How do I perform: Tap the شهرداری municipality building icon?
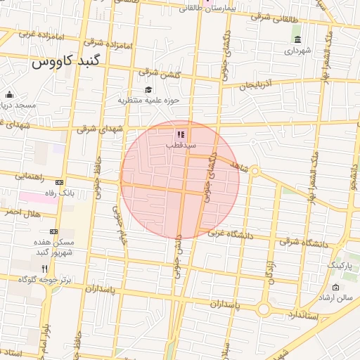(x=297, y=39)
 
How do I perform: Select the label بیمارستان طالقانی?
(x=210, y=9)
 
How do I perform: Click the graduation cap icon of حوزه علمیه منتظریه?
(x=148, y=90)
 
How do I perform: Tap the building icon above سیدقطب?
(x=180, y=134)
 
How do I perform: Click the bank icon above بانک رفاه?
(x=59, y=182)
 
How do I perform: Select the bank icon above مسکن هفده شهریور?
(x=54, y=231)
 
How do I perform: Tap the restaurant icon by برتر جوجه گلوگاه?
(x=44, y=269)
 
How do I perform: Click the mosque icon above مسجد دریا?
(x=9, y=95)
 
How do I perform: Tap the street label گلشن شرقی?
(x=160, y=73)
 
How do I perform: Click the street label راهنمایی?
(x=30, y=176)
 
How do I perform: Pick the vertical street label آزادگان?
(x=269, y=271)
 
